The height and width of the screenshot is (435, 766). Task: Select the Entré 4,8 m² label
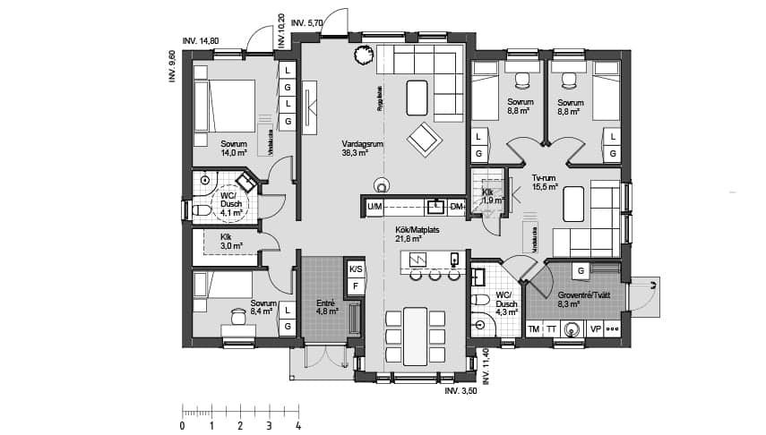click(x=326, y=307)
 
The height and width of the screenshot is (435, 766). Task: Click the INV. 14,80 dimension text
click(x=201, y=40)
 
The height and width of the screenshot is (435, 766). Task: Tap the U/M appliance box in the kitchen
click(x=374, y=208)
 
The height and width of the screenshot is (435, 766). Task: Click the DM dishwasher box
click(x=457, y=208)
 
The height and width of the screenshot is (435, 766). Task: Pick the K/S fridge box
click(x=355, y=269)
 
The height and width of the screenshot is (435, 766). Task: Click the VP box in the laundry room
click(x=595, y=329)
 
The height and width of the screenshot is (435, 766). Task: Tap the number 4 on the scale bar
click(x=297, y=426)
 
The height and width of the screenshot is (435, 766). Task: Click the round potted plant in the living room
click(x=363, y=55)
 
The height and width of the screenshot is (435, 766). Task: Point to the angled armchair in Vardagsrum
click(x=424, y=139)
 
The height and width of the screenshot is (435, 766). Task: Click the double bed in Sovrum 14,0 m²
click(x=224, y=105)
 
